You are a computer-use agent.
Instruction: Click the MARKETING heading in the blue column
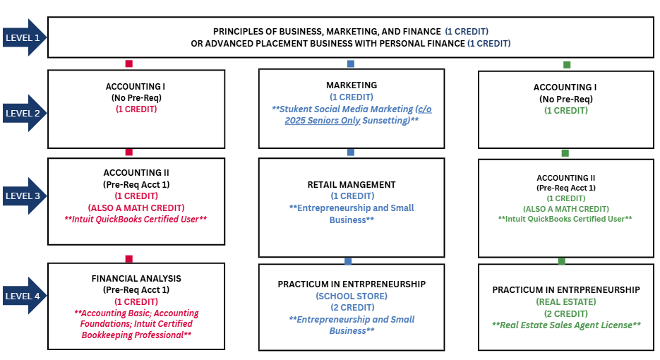point(352,85)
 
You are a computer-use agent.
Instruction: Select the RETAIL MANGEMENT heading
point(352,185)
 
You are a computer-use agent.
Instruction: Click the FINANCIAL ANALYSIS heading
point(136,279)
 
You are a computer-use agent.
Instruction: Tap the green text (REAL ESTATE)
point(566,301)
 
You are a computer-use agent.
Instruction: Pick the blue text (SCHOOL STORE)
point(352,296)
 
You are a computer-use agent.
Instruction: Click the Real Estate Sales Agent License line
point(566,325)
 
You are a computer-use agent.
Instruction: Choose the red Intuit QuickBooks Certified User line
point(136,219)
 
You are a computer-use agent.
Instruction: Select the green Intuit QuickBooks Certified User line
point(565,219)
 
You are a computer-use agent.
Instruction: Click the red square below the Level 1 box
point(128,64)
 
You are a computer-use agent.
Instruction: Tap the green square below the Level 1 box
point(566,64)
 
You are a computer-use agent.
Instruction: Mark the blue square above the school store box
point(348,261)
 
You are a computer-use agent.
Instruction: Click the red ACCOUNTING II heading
point(136,172)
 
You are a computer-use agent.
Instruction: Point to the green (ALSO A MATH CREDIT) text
point(565,209)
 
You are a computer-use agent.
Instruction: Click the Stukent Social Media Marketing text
point(352,109)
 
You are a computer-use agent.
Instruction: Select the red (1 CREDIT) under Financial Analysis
point(136,301)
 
